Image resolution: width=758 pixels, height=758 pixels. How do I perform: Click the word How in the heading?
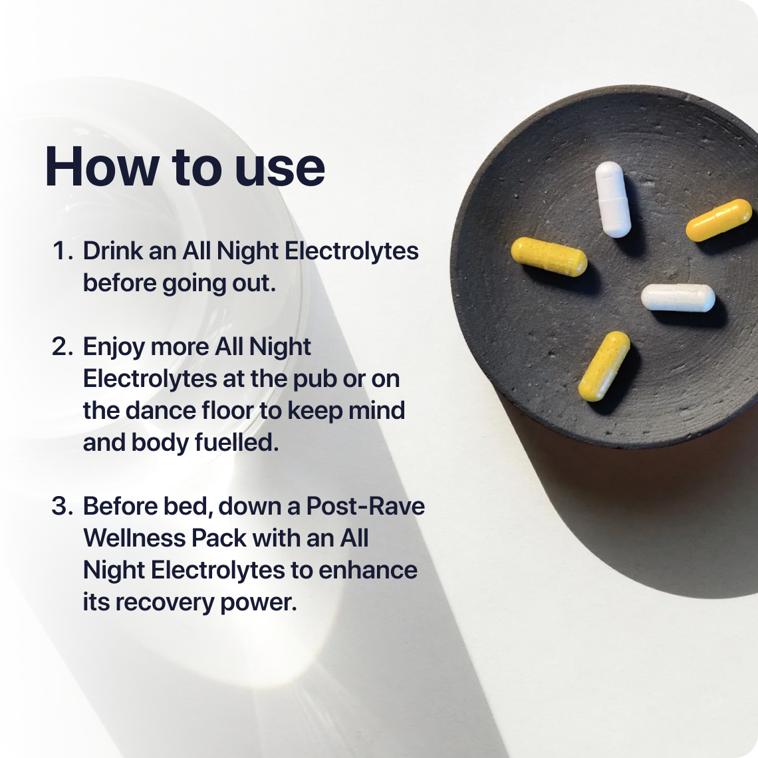102,166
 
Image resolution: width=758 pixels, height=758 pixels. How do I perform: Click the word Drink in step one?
112,251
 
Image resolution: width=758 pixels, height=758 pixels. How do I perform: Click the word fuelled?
237,442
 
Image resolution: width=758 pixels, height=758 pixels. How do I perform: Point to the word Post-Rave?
366,506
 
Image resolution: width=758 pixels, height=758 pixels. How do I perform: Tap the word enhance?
368,570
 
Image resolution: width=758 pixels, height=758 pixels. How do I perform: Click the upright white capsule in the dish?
612,199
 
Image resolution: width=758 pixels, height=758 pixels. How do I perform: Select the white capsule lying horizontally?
678,297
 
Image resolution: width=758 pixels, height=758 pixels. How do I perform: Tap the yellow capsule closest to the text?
549,257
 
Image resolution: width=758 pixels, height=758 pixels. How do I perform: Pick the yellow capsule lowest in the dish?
604,366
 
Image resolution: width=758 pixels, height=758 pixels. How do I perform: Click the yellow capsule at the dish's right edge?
719,220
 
